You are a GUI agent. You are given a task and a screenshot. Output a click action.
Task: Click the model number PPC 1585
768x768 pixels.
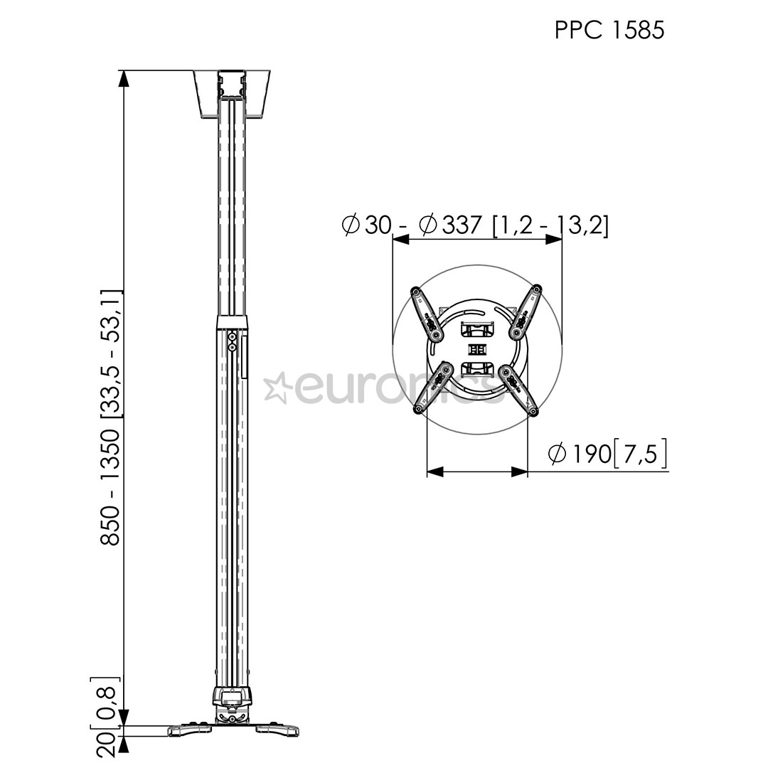click(x=609, y=30)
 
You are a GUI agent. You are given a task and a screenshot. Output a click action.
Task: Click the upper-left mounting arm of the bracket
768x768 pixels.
click(x=425, y=313)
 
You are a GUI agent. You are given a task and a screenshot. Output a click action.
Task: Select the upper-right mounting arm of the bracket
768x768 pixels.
click(x=527, y=313)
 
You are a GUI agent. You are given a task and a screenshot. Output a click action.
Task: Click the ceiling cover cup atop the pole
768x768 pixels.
click(x=232, y=92)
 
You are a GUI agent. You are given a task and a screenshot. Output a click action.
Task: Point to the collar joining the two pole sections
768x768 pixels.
click(x=232, y=324)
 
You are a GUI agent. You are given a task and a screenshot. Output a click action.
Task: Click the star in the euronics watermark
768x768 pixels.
click(x=276, y=387)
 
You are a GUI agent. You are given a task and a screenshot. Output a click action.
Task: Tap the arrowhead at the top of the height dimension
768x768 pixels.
click(x=124, y=78)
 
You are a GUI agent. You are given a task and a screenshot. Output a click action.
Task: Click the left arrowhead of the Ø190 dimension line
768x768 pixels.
click(x=434, y=471)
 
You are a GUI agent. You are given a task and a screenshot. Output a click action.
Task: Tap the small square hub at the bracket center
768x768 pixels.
click(x=477, y=350)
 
